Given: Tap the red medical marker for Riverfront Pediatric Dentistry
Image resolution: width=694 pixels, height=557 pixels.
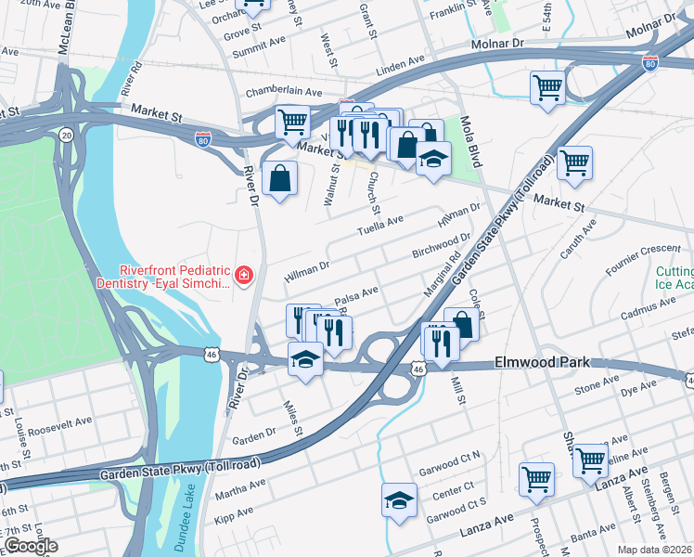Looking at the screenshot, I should point(243,275).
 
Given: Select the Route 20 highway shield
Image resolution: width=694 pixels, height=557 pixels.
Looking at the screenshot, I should point(66,136).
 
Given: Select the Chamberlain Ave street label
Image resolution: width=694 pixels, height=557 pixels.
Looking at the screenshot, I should point(283,93).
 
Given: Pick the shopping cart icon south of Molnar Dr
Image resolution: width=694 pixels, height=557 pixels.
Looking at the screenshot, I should point(548,88).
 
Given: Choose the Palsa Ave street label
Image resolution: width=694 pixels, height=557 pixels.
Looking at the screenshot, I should point(356,293).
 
